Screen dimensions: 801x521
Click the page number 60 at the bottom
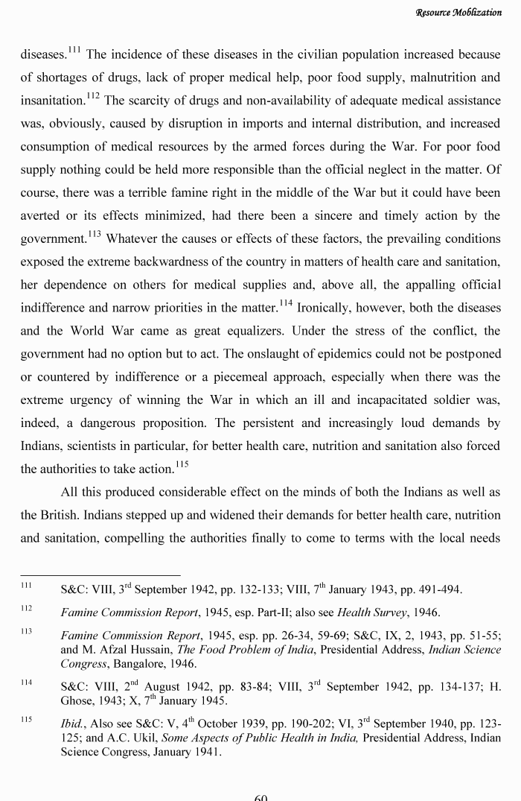coord(260,796)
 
